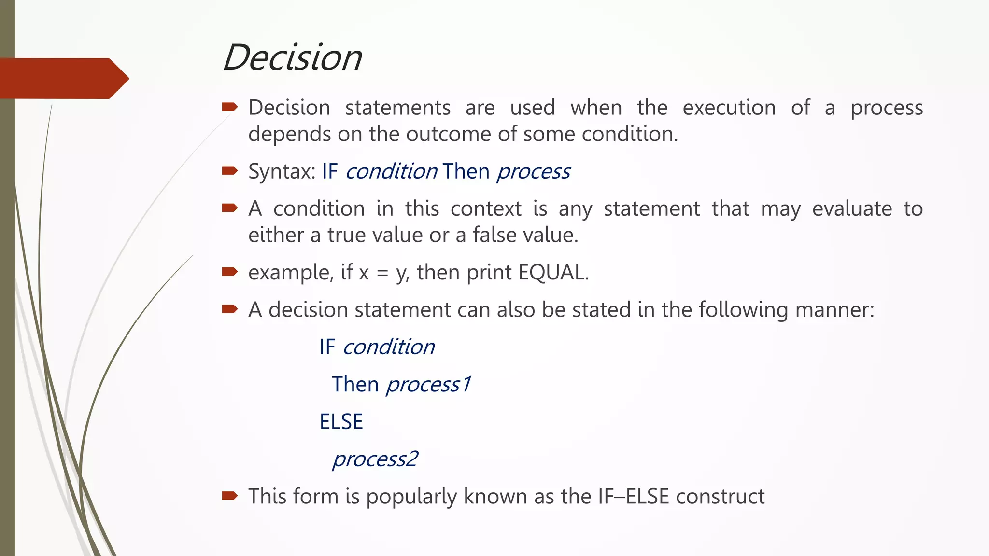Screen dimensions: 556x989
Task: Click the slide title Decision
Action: point(293,57)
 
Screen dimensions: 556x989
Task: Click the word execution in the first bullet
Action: point(729,108)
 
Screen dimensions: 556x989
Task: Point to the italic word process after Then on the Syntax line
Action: point(534,172)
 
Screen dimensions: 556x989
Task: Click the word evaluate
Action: point(852,209)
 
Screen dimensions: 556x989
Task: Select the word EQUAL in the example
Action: point(553,273)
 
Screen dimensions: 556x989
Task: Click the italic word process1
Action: point(428,385)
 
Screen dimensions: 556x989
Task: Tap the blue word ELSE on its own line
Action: point(341,422)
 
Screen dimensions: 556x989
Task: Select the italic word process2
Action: point(375,459)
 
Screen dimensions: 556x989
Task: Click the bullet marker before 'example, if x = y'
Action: point(230,272)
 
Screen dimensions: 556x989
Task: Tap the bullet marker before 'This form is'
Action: point(230,496)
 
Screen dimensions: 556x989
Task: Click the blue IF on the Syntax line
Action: point(330,172)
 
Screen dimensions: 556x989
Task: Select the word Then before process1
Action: point(355,385)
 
